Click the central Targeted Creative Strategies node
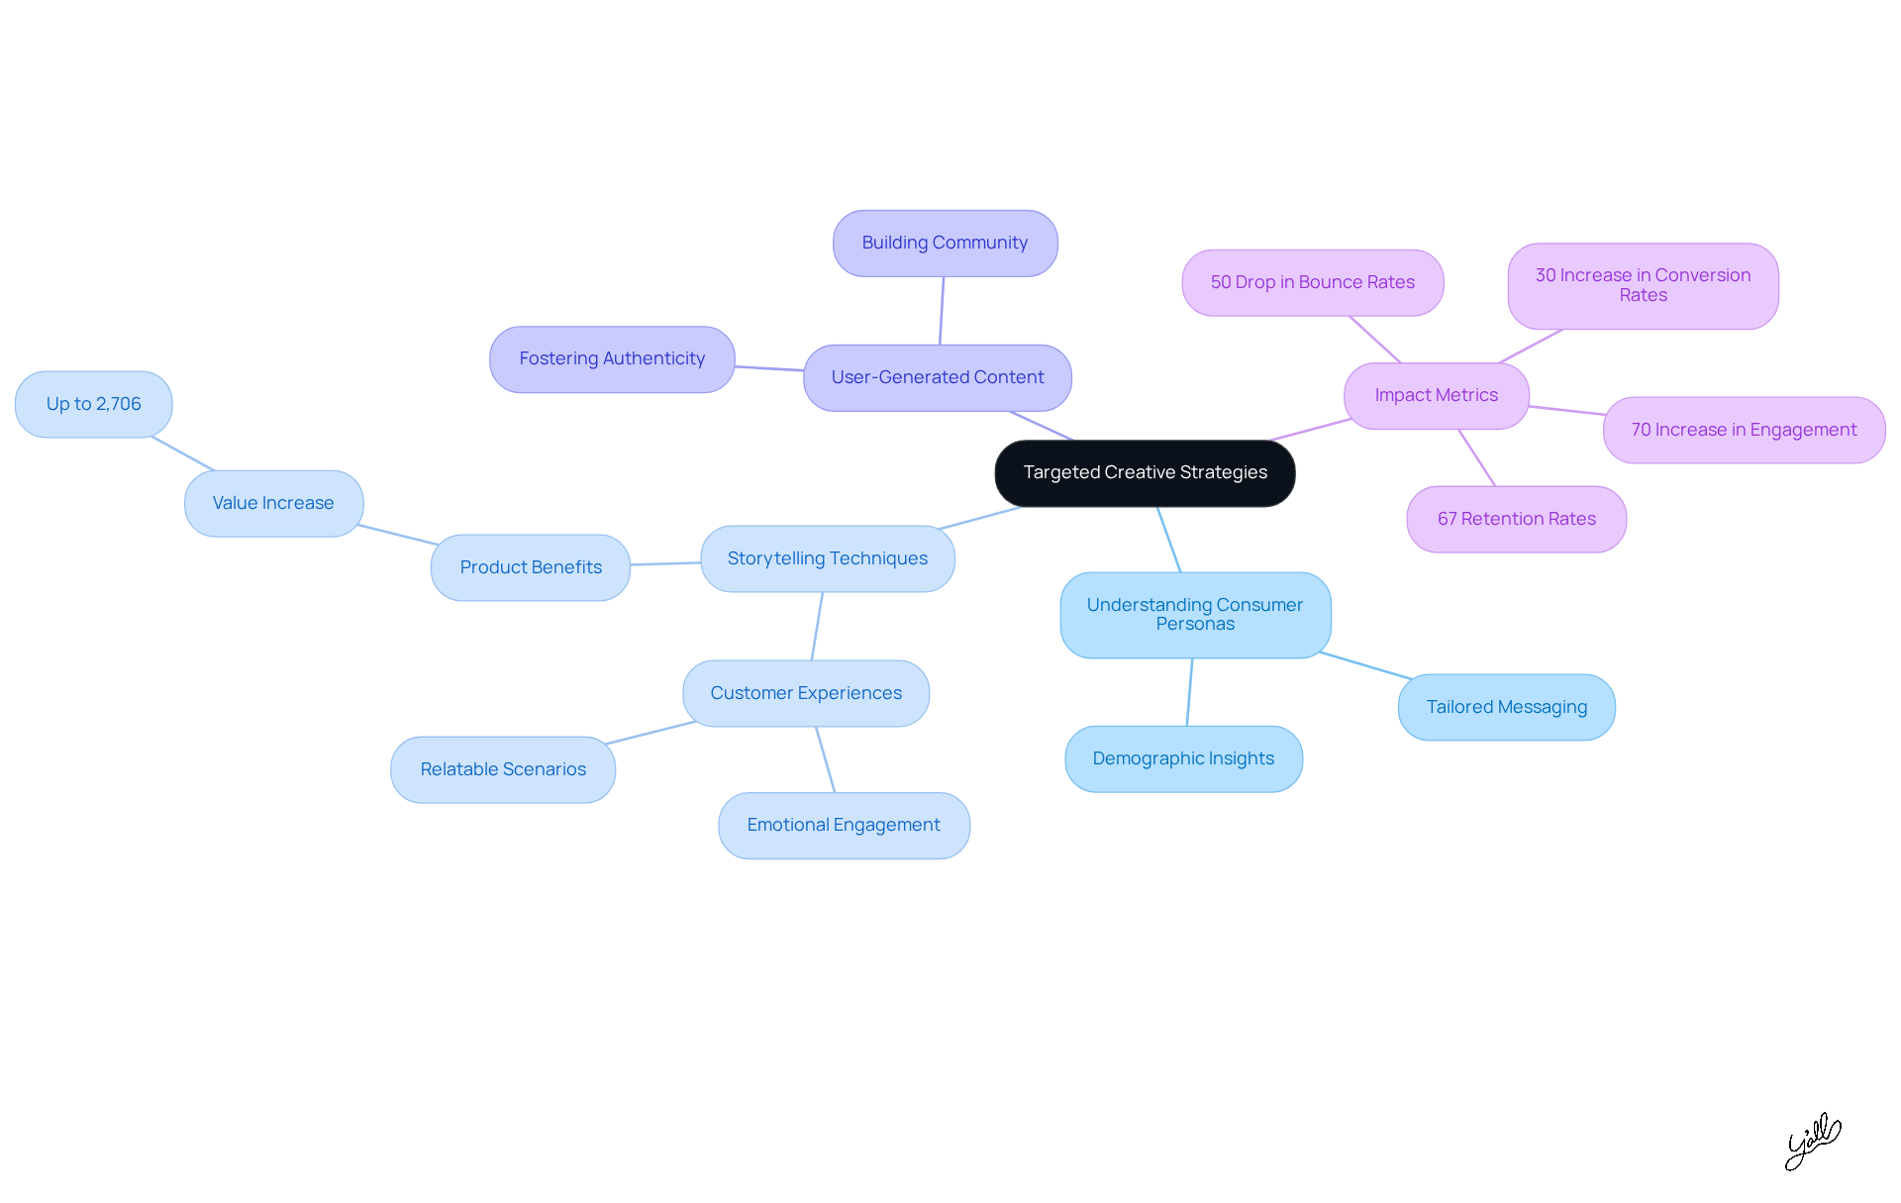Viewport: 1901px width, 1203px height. pyautogui.click(x=1145, y=473)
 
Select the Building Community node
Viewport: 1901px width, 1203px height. pyautogui.click(x=945, y=244)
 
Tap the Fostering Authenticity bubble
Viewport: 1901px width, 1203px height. pyautogui.click(x=612, y=359)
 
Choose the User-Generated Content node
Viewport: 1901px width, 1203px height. pyautogui.click(x=937, y=378)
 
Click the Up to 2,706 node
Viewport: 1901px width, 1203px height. pyautogui.click(x=94, y=404)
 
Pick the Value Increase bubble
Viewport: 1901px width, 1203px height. pyautogui.click(x=273, y=503)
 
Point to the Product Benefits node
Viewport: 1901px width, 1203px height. pyautogui.click(x=531, y=567)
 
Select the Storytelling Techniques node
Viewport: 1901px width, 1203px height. pyautogui.click(x=827, y=558)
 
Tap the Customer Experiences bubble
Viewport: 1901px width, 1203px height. pyautogui.click(x=806, y=693)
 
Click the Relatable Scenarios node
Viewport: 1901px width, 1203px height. pyautogui.click(x=503, y=769)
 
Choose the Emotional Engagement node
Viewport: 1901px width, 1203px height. pyautogui.click(x=844, y=825)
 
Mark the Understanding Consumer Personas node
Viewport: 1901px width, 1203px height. pyautogui.click(x=1195, y=615)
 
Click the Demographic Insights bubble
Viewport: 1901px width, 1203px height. pyautogui.click(x=1183, y=758)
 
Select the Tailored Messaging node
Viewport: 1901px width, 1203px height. pyautogui.click(x=1506, y=707)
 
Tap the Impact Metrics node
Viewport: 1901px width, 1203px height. pyautogui.click(x=1436, y=395)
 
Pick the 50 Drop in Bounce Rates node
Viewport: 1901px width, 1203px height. pyautogui.click(x=1312, y=282)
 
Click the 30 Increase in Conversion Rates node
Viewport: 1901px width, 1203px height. pyautogui.click(x=1643, y=285)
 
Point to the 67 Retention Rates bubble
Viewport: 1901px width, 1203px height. pyautogui.click(x=1516, y=519)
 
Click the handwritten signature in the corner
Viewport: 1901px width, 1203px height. pyautogui.click(x=1812, y=1142)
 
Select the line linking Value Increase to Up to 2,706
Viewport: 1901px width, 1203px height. pyautogui.click(x=183, y=453)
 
